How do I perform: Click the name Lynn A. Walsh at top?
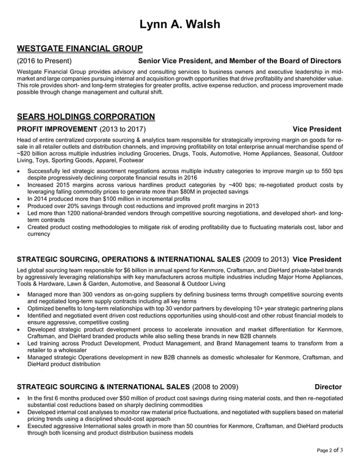(x=179, y=24)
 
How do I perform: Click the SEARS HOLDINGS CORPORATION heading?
(x=86, y=117)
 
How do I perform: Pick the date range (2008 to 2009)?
(x=216, y=387)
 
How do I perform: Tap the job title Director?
(x=328, y=387)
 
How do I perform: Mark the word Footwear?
(x=128, y=160)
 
